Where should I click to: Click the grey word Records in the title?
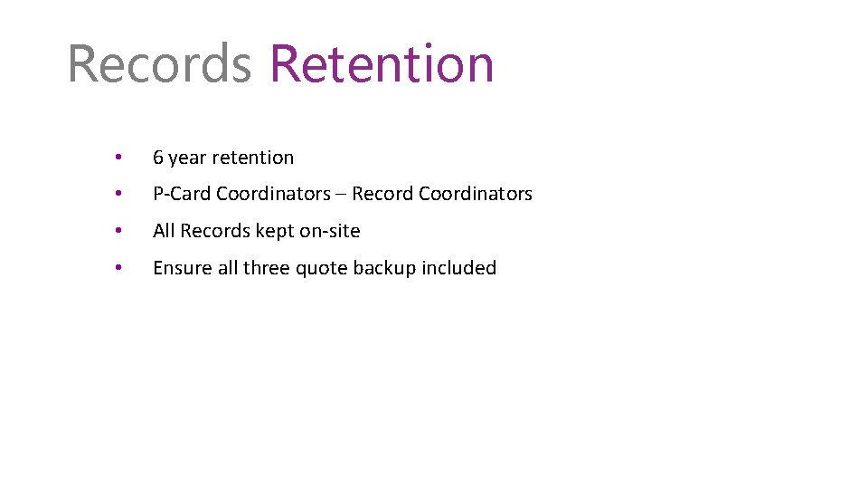159,64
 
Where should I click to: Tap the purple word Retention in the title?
382,64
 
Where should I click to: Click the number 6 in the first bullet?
158,158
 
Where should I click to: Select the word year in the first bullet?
187,158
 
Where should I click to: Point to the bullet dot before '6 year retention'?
119,158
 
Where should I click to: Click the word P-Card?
182,194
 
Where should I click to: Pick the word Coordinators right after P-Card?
273,194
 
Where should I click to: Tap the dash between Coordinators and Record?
341,194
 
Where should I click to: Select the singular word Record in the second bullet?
382,194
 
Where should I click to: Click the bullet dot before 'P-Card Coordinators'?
119,194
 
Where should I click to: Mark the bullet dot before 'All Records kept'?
119,231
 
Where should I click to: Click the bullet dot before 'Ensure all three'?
119,268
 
